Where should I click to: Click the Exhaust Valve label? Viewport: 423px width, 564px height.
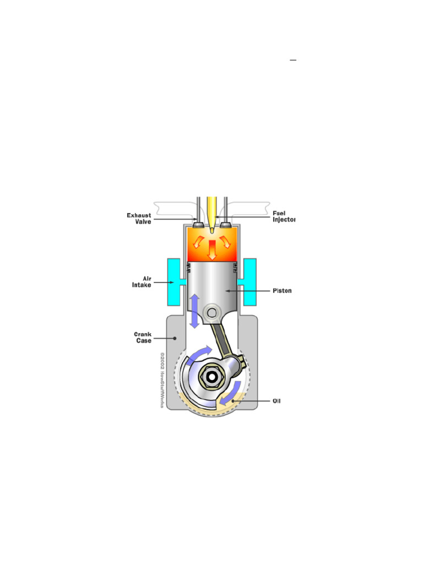click(x=139, y=218)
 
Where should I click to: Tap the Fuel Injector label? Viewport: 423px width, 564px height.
click(x=284, y=216)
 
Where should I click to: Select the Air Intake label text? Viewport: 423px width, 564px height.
click(x=141, y=282)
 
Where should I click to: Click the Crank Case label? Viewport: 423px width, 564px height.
click(x=143, y=337)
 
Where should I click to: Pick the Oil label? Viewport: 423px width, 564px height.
click(x=276, y=401)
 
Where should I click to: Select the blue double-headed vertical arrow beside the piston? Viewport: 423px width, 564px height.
click(x=194, y=311)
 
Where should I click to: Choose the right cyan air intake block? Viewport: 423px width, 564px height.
click(x=249, y=281)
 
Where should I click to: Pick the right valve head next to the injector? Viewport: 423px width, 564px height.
click(x=225, y=225)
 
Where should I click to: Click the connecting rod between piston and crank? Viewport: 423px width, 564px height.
click(x=226, y=341)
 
